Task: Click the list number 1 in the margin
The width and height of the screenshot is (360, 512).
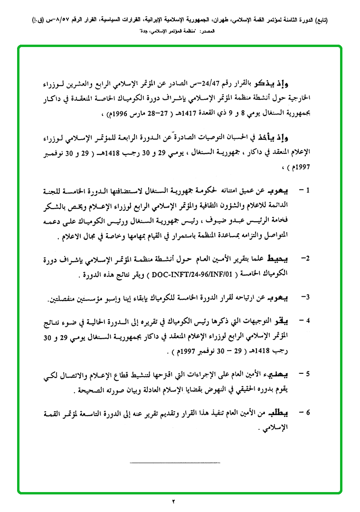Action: (308, 191)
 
